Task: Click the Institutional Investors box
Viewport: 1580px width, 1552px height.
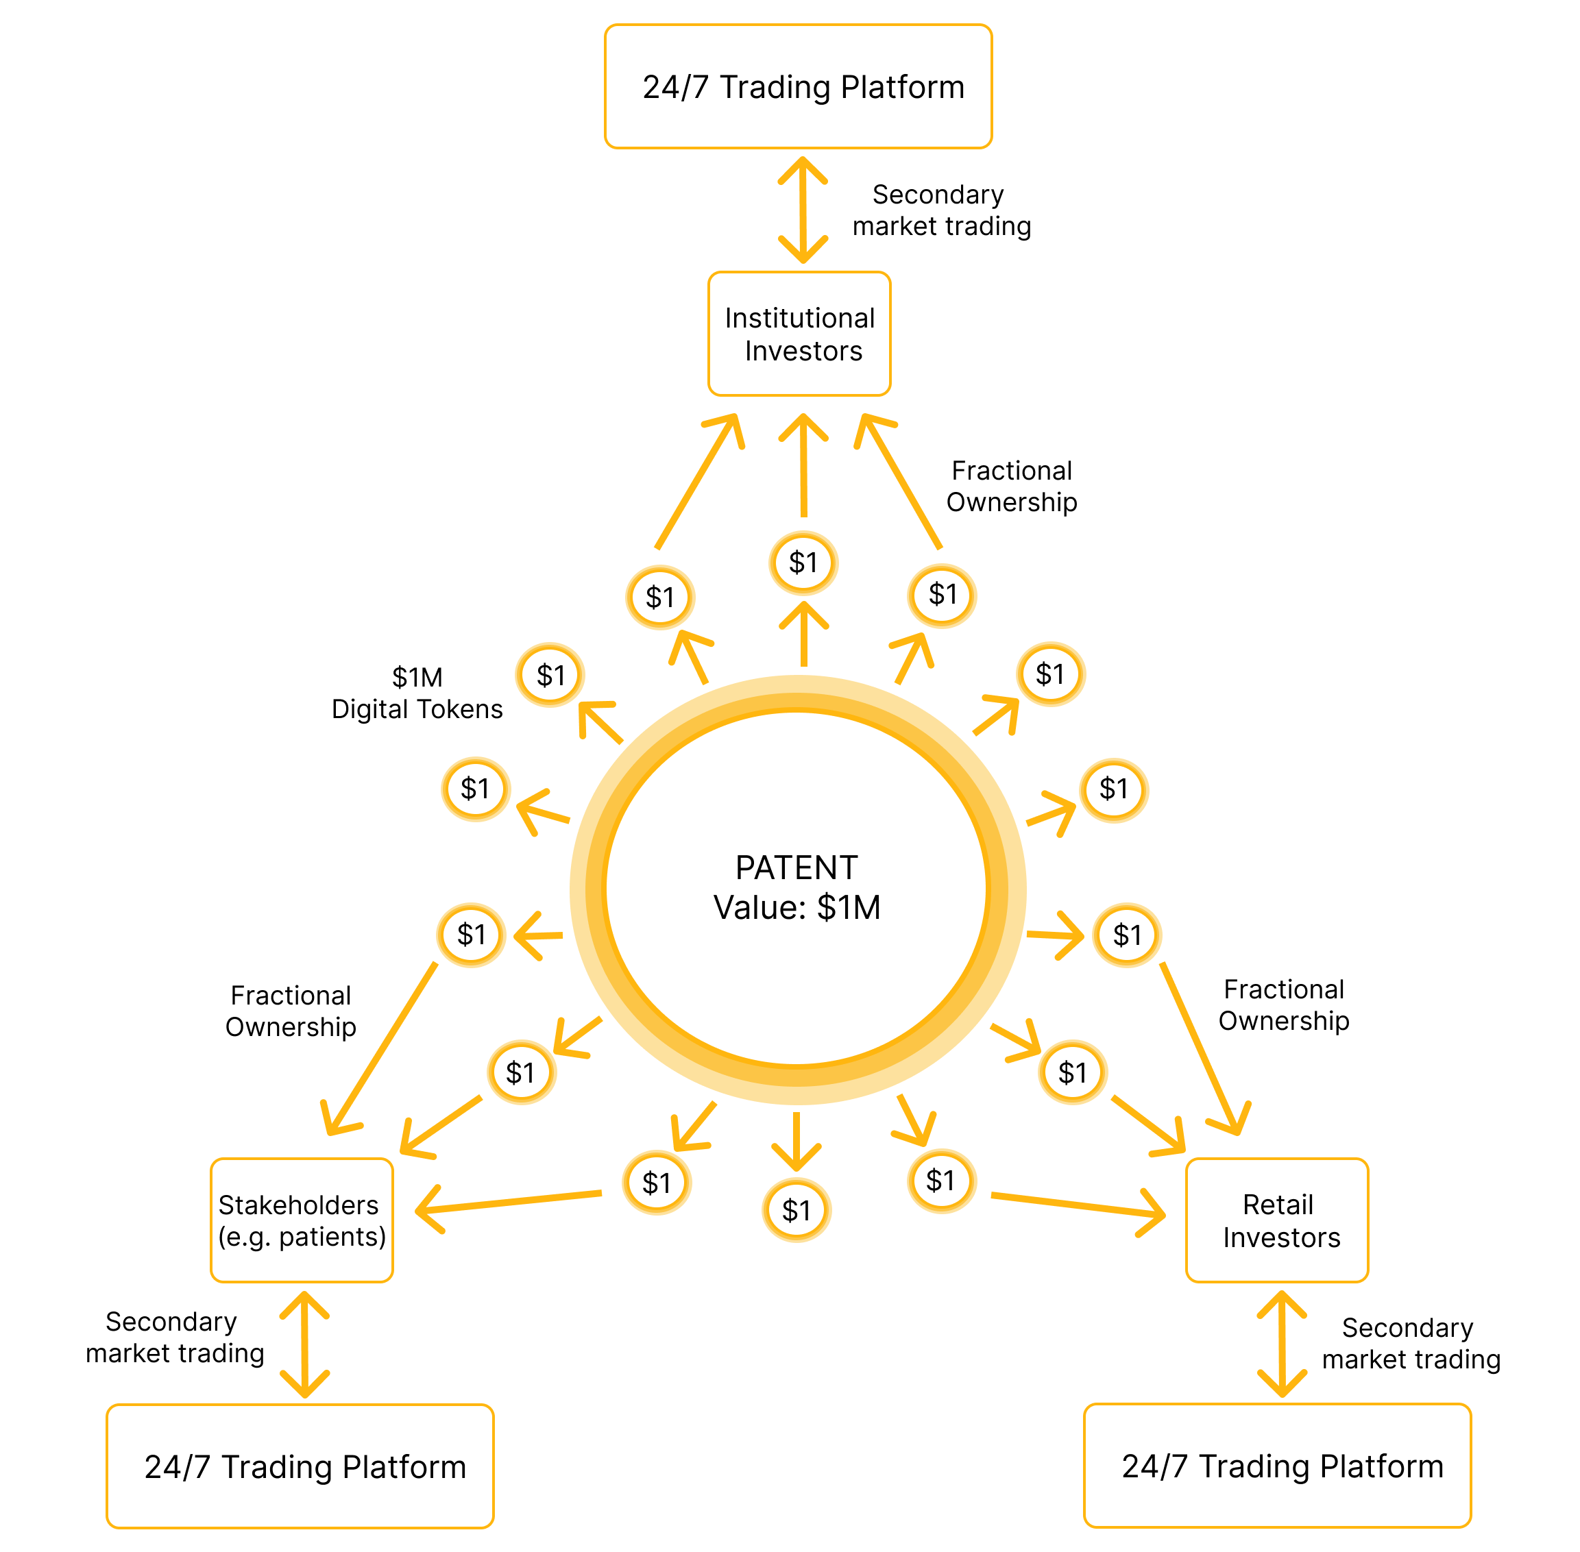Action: (799, 334)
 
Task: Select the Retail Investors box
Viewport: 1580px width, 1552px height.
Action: (1277, 1220)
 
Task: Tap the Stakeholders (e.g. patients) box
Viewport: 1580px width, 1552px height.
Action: (302, 1220)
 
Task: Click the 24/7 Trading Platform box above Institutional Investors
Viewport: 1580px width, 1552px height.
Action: (798, 86)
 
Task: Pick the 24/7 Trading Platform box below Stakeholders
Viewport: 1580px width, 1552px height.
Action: (300, 1466)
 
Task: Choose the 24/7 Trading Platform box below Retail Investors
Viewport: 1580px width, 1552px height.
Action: (1277, 1466)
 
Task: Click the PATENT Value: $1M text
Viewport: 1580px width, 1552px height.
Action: (797, 887)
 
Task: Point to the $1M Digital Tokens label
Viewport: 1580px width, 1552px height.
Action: (417, 693)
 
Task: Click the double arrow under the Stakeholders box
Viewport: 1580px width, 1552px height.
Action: (305, 1345)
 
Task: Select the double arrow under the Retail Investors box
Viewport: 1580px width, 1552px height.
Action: (1282, 1344)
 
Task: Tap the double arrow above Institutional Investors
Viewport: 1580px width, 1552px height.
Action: (803, 210)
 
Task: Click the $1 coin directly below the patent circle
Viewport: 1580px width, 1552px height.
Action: (797, 1211)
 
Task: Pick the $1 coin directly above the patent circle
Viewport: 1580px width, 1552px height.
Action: (803, 563)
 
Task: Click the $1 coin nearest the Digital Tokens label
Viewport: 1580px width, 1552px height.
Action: (550, 675)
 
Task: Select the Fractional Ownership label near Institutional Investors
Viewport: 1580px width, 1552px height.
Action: (1011, 486)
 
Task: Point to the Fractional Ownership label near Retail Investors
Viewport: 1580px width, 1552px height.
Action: (1283, 1005)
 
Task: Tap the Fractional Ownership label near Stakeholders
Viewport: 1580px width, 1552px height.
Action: (291, 1011)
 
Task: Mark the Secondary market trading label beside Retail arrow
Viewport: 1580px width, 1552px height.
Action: (1411, 1343)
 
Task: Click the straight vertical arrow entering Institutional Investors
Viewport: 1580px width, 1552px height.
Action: (804, 465)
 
